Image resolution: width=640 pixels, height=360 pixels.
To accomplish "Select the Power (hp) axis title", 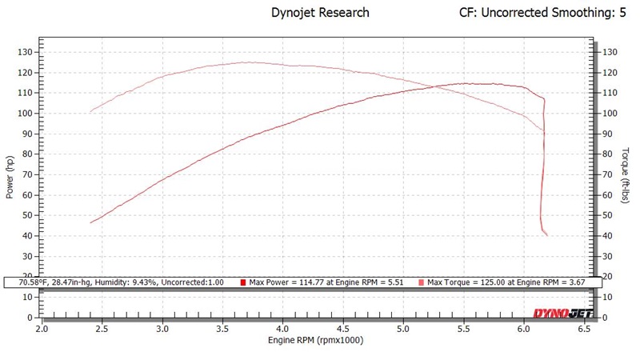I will point(9,176).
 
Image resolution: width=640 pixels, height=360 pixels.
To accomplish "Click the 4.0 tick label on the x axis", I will point(283,328).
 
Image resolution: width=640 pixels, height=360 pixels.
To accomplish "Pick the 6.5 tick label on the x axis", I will point(585,328).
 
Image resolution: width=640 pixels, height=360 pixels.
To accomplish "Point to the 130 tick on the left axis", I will point(24,52).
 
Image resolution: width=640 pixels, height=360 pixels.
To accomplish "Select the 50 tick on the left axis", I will point(26,215).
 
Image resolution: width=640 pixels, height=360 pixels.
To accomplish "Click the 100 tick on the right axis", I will point(611,114).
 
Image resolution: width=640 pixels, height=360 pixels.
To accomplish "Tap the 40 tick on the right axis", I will point(609,236).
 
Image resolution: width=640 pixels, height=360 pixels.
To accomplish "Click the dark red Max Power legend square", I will point(243,282).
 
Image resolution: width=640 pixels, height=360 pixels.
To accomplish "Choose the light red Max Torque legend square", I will point(422,282).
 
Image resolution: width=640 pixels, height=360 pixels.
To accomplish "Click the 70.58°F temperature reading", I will point(27,282).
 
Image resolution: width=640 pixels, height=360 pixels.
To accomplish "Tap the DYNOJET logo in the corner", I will point(562,314).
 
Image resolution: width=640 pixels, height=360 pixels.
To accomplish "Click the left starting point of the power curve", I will point(90,222).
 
